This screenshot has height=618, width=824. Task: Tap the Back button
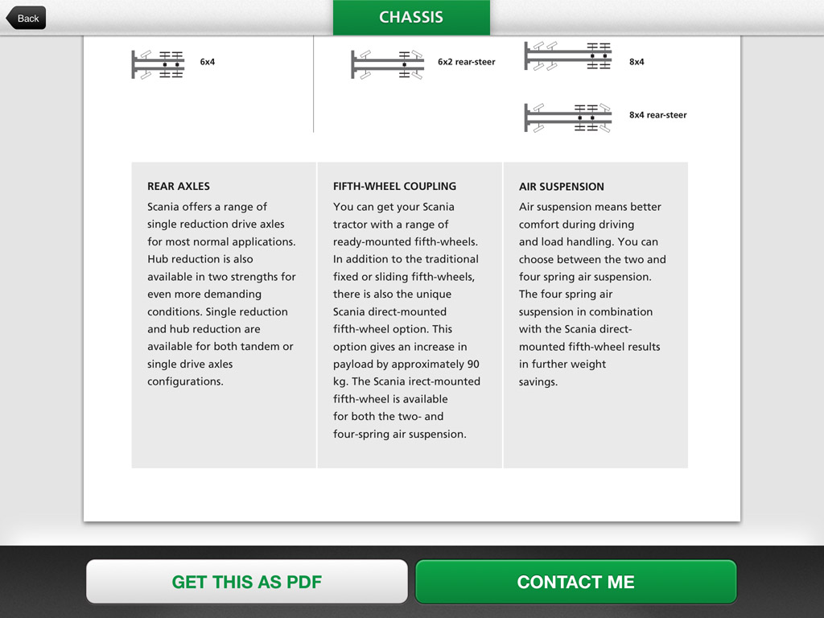coord(27,19)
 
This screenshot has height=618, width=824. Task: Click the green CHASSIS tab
coord(411,18)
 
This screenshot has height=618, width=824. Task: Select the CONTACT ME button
coord(576,582)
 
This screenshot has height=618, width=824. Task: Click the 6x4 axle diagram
coord(158,64)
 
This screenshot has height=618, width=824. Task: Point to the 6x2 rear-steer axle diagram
coord(387,64)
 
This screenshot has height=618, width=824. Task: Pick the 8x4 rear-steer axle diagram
coord(568,117)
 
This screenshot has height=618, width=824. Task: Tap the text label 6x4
coord(208,62)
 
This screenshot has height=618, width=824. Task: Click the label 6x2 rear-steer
coord(467,62)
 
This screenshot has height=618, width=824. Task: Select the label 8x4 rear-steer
coord(658,115)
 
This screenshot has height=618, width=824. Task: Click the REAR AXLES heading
coord(179,186)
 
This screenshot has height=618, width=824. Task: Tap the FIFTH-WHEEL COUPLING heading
coord(394,186)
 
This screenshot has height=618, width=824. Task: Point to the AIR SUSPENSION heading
coord(561,187)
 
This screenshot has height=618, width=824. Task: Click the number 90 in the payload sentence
coord(473,365)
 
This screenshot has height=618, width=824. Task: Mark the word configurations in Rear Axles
coord(186,381)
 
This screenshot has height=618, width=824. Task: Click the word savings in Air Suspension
coord(538,382)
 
